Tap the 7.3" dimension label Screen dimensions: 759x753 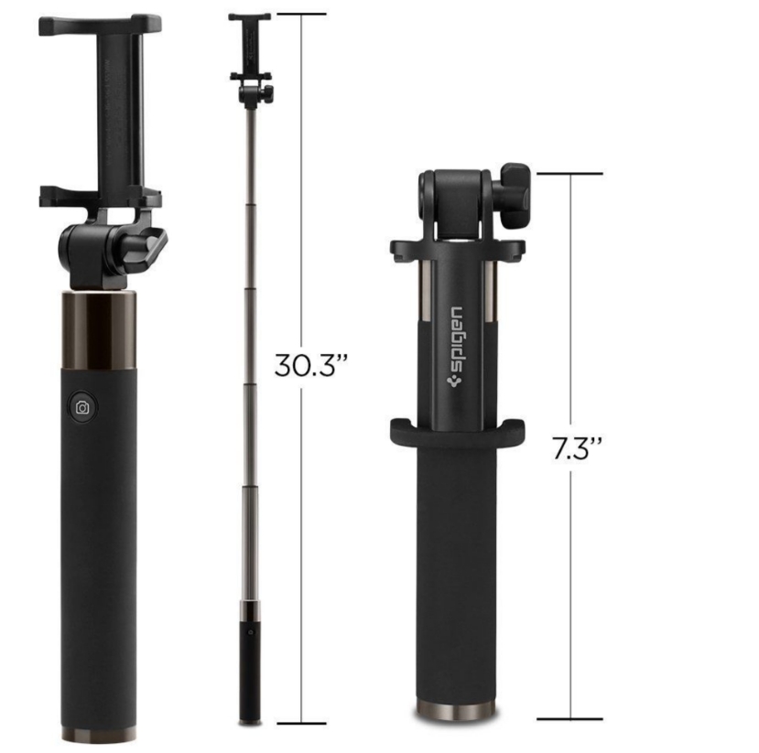[x=578, y=449]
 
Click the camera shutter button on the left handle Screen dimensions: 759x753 [x=82, y=408]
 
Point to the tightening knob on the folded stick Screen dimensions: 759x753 [x=515, y=196]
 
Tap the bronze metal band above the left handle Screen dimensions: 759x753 [x=99, y=329]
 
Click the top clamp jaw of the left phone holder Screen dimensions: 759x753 [x=100, y=26]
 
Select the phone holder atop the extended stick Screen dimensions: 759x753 [x=250, y=48]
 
